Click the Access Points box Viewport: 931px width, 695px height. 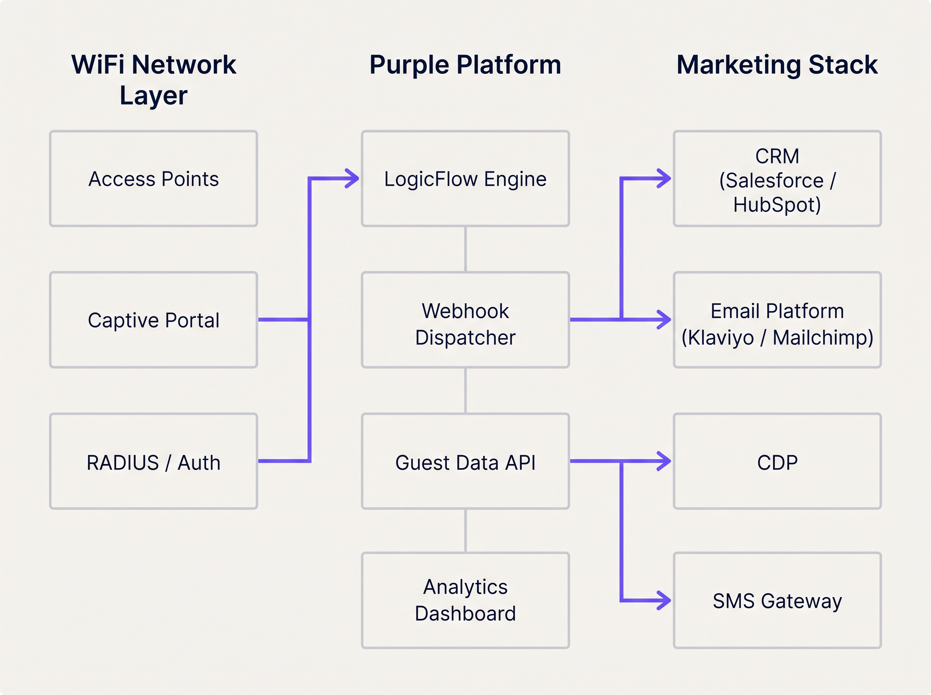tap(154, 179)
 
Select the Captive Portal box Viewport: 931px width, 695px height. tap(154, 320)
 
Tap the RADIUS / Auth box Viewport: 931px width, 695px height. tap(154, 462)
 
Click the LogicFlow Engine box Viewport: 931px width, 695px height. tap(465, 179)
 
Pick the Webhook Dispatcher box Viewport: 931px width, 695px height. tap(465, 324)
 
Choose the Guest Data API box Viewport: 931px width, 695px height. tap(465, 462)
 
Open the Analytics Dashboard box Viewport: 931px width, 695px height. tap(465, 600)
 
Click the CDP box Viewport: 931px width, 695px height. tap(777, 462)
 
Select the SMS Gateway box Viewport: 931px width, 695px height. tap(777, 601)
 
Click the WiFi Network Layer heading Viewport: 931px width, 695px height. tap(154, 80)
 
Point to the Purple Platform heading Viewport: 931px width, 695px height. tap(465, 65)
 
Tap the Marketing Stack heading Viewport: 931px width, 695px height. tap(777, 65)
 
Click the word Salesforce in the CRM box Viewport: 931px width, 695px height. tap(774, 180)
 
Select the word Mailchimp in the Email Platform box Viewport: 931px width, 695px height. tap(822, 337)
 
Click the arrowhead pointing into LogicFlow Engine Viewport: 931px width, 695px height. tap(353, 178)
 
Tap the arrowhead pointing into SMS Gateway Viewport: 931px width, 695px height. tap(665, 600)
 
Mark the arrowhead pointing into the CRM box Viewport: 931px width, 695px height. tap(665, 178)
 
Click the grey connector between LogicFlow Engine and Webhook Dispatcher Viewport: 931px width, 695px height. tap(465, 249)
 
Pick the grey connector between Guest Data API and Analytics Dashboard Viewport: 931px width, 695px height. tap(465, 531)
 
